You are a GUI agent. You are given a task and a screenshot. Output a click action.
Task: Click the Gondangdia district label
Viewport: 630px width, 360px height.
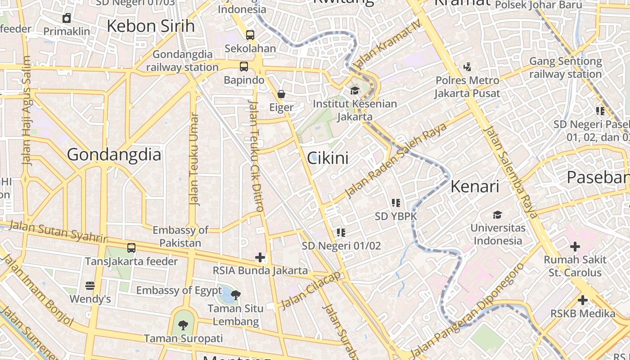(x=114, y=155)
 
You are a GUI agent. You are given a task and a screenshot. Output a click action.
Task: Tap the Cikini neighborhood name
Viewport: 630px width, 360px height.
(x=328, y=158)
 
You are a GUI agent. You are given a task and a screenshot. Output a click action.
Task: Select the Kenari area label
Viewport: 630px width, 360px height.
(x=475, y=186)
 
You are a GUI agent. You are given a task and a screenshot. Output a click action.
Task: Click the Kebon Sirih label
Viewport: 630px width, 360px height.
(x=151, y=26)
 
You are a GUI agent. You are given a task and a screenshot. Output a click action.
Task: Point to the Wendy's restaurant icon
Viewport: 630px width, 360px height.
(x=90, y=286)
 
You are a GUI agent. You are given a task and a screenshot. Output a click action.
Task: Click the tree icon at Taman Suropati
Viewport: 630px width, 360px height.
(x=183, y=325)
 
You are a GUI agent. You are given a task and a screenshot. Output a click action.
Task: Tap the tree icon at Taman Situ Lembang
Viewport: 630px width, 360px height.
(x=235, y=295)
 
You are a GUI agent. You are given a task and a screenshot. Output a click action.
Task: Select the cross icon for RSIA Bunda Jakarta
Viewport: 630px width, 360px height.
(x=260, y=257)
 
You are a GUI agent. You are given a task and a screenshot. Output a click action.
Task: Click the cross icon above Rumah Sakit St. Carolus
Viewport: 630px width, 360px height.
(x=575, y=247)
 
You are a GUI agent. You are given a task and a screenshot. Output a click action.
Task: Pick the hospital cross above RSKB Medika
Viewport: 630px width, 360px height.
(x=583, y=300)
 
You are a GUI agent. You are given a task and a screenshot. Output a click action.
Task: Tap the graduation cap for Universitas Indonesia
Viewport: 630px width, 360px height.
(x=497, y=215)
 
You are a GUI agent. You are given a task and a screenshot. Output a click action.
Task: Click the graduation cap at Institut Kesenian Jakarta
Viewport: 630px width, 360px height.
(x=355, y=91)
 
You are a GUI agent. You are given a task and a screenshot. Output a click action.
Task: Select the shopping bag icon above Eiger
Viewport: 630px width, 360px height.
(x=281, y=94)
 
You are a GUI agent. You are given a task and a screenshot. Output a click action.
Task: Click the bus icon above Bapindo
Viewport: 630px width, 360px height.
(x=244, y=67)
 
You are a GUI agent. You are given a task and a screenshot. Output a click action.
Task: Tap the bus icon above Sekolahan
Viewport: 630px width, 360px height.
(x=250, y=35)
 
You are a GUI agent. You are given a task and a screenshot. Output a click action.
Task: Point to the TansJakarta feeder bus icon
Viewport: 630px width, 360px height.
(x=131, y=247)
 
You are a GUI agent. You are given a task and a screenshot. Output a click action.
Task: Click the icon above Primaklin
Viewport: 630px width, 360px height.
(x=67, y=18)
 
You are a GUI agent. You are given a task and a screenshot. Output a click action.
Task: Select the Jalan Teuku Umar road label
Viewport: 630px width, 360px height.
(x=194, y=159)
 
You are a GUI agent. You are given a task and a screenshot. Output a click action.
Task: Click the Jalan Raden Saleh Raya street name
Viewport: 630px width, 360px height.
(x=396, y=160)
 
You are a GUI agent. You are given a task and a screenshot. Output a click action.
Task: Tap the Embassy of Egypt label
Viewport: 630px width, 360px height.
(x=179, y=290)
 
